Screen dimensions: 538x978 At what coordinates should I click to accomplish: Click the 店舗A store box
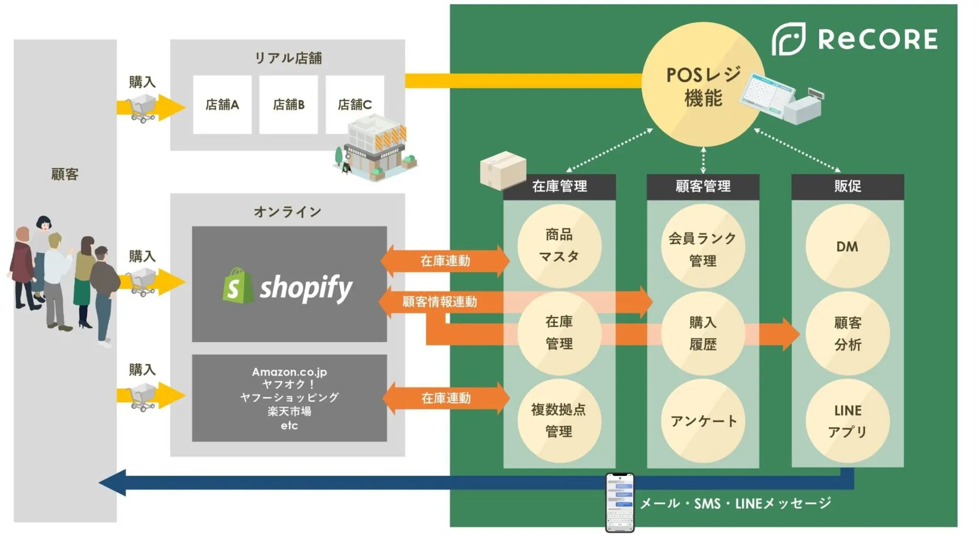tap(222, 105)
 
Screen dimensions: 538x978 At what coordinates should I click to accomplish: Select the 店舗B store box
tap(288, 105)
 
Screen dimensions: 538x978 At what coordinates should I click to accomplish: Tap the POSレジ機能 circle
tap(703, 85)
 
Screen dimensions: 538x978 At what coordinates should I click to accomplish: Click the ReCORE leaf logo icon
tap(788, 39)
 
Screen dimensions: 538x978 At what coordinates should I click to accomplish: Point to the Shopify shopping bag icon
tap(237, 286)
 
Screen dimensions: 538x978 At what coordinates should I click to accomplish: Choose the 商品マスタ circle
tap(559, 246)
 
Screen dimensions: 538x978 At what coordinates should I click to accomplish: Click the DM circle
tap(847, 247)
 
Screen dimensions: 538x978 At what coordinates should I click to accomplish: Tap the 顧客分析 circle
tap(847, 334)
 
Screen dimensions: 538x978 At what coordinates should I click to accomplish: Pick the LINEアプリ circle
tap(847, 420)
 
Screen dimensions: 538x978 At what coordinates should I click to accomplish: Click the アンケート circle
tap(703, 420)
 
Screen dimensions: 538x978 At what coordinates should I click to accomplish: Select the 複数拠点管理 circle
tap(559, 420)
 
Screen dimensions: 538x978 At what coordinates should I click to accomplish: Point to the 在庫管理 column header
tap(559, 186)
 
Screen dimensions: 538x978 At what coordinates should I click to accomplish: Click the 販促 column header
tap(848, 186)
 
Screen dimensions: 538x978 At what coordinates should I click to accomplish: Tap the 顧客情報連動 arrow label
tap(439, 302)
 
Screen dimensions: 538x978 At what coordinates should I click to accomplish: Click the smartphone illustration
tap(619, 502)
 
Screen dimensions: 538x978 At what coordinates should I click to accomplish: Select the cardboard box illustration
tap(502, 170)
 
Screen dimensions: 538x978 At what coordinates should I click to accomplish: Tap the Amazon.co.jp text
tap(289, 372)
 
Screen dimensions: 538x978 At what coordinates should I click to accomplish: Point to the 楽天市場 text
tap(289, 411)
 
